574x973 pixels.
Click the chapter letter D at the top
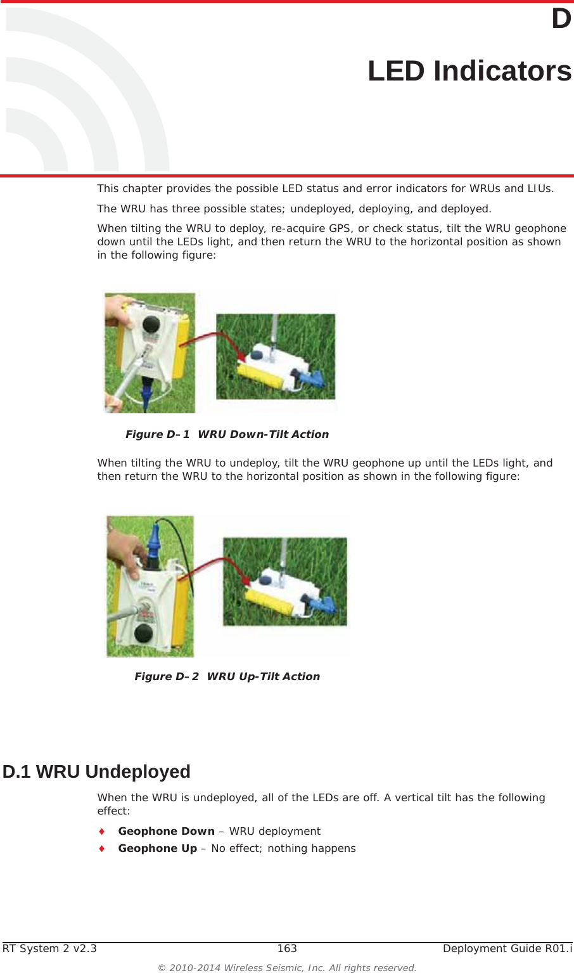561,19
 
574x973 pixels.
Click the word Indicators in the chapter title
502,71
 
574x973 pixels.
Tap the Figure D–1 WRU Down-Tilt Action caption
227,434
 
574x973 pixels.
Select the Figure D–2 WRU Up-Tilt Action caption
227,676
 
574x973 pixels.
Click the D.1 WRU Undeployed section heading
96,771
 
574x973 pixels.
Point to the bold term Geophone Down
166,831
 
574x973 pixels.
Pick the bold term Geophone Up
157,848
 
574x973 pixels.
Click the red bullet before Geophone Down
101,831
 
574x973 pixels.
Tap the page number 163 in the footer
287,948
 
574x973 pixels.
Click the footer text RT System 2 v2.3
50,948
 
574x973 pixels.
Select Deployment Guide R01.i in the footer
507,948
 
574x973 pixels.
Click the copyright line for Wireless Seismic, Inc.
287,967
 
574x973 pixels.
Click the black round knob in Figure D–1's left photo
151,325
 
